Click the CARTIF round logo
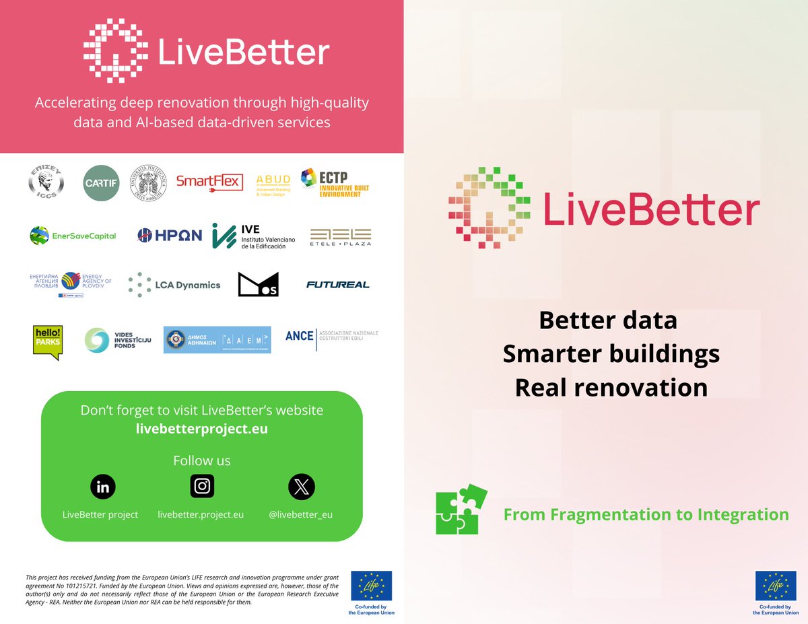101,182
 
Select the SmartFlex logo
209,181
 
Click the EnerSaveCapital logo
73,236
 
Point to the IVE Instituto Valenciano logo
249,236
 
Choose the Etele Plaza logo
340,236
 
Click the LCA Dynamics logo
174,285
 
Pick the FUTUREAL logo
337,285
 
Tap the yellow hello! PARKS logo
48,342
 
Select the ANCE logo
331,336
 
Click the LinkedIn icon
103,487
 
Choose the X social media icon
301,487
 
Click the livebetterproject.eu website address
202,429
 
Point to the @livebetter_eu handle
300,514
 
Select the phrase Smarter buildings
611,354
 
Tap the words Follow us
202,461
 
